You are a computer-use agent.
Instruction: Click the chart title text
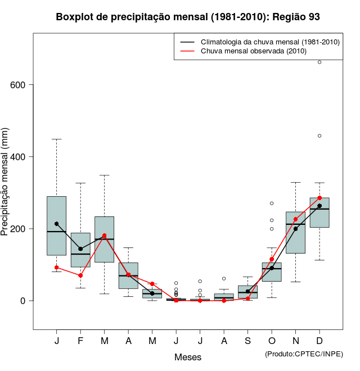[188, 17]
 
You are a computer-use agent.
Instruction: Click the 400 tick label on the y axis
[20, 157]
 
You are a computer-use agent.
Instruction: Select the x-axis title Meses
[188, 357]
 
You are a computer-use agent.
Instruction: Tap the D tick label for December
[319, 341]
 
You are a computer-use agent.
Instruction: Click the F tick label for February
[80, 341]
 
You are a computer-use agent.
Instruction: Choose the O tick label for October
[272, 341]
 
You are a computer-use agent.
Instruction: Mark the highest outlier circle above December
[319, 62]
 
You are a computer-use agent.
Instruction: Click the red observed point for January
[57, 268]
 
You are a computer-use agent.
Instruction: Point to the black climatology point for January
[57, 224]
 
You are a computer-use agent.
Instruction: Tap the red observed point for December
[319, 198]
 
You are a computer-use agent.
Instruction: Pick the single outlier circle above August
[224, 279]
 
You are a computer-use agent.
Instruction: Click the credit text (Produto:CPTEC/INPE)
[304, 354]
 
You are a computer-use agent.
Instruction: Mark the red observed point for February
[80, 275]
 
